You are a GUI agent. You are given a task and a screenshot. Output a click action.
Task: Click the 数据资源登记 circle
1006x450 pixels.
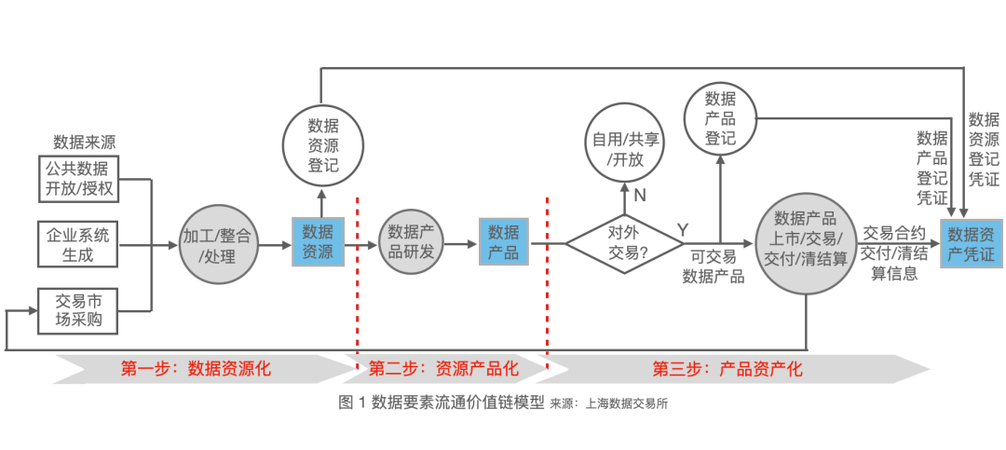coord(322,145)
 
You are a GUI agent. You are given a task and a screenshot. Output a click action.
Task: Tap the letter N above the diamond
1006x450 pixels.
coord(640,196)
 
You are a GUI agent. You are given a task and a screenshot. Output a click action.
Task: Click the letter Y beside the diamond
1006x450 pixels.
coord(683,229)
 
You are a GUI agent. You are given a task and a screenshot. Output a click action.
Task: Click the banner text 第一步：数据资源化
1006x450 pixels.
coord(196,368)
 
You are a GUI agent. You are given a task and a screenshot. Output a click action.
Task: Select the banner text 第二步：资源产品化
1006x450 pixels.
coord(443,368)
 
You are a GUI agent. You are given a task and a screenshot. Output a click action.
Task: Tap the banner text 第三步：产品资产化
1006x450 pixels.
coord(727,368)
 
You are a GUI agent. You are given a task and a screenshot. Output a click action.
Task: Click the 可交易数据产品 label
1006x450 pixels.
coord(714,266)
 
